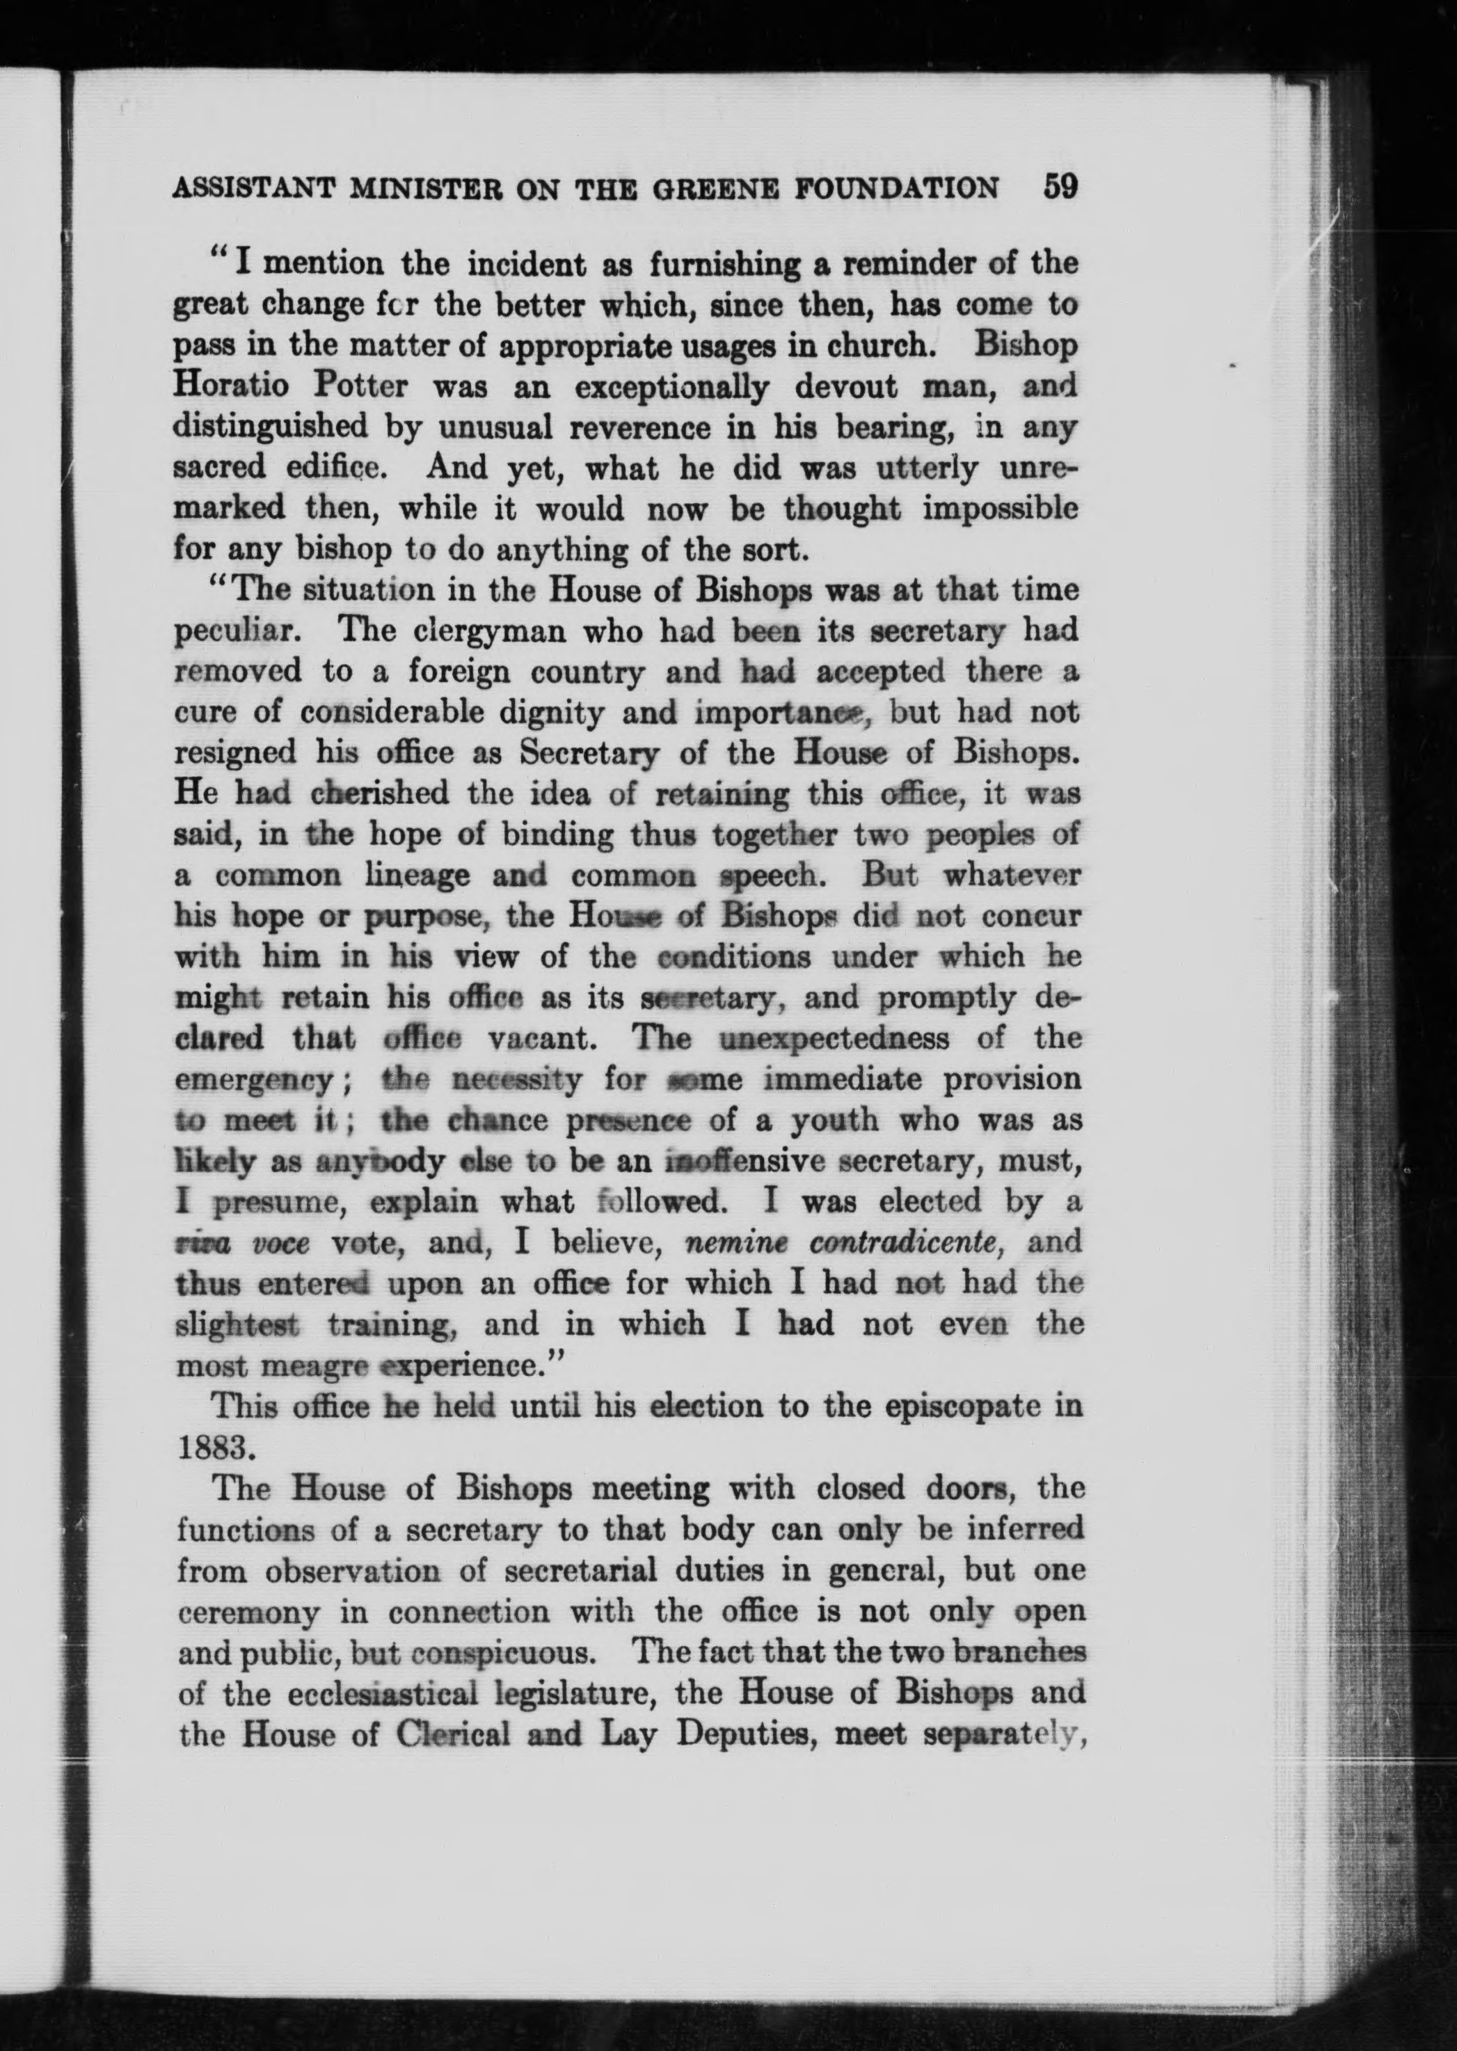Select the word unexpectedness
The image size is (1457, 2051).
834,1040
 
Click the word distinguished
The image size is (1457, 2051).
270,427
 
